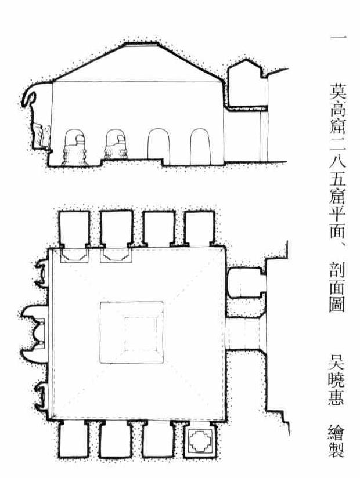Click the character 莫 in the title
click(338, 92)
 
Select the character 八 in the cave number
click(338, 166)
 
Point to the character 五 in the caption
click(338, 186)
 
